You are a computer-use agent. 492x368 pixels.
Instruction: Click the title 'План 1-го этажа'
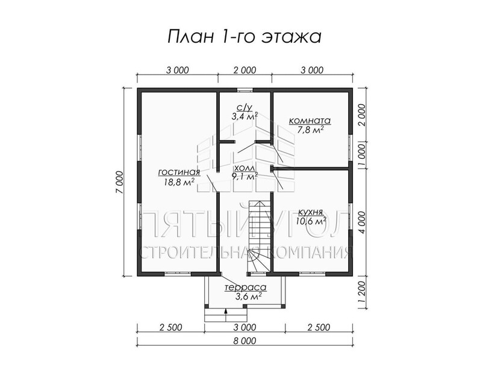click(244, 37)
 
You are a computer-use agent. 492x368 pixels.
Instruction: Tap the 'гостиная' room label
click(179, 172)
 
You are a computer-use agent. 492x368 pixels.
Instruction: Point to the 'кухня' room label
click(311, 212)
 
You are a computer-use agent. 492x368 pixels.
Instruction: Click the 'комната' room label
click(310, 121)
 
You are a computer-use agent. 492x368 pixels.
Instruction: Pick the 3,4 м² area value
click(244, 117)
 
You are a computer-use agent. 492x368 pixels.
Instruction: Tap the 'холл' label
click(244, 168)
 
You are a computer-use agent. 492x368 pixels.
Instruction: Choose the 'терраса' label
click(245, 287)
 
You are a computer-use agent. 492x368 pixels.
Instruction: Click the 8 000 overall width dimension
click(244, 340)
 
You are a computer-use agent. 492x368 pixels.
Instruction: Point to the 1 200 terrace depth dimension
click(362, 292)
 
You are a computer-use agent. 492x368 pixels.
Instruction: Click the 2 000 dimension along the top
click(244, 70)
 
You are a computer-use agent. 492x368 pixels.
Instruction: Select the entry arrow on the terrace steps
click(226, 314)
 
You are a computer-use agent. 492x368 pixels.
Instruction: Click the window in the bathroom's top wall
click(244, 91)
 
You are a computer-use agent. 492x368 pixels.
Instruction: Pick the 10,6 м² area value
click(311, 221)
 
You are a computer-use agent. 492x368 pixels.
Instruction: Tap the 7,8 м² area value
click(310, 129)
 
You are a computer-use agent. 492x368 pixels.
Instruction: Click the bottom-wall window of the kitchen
click(312, 274)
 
